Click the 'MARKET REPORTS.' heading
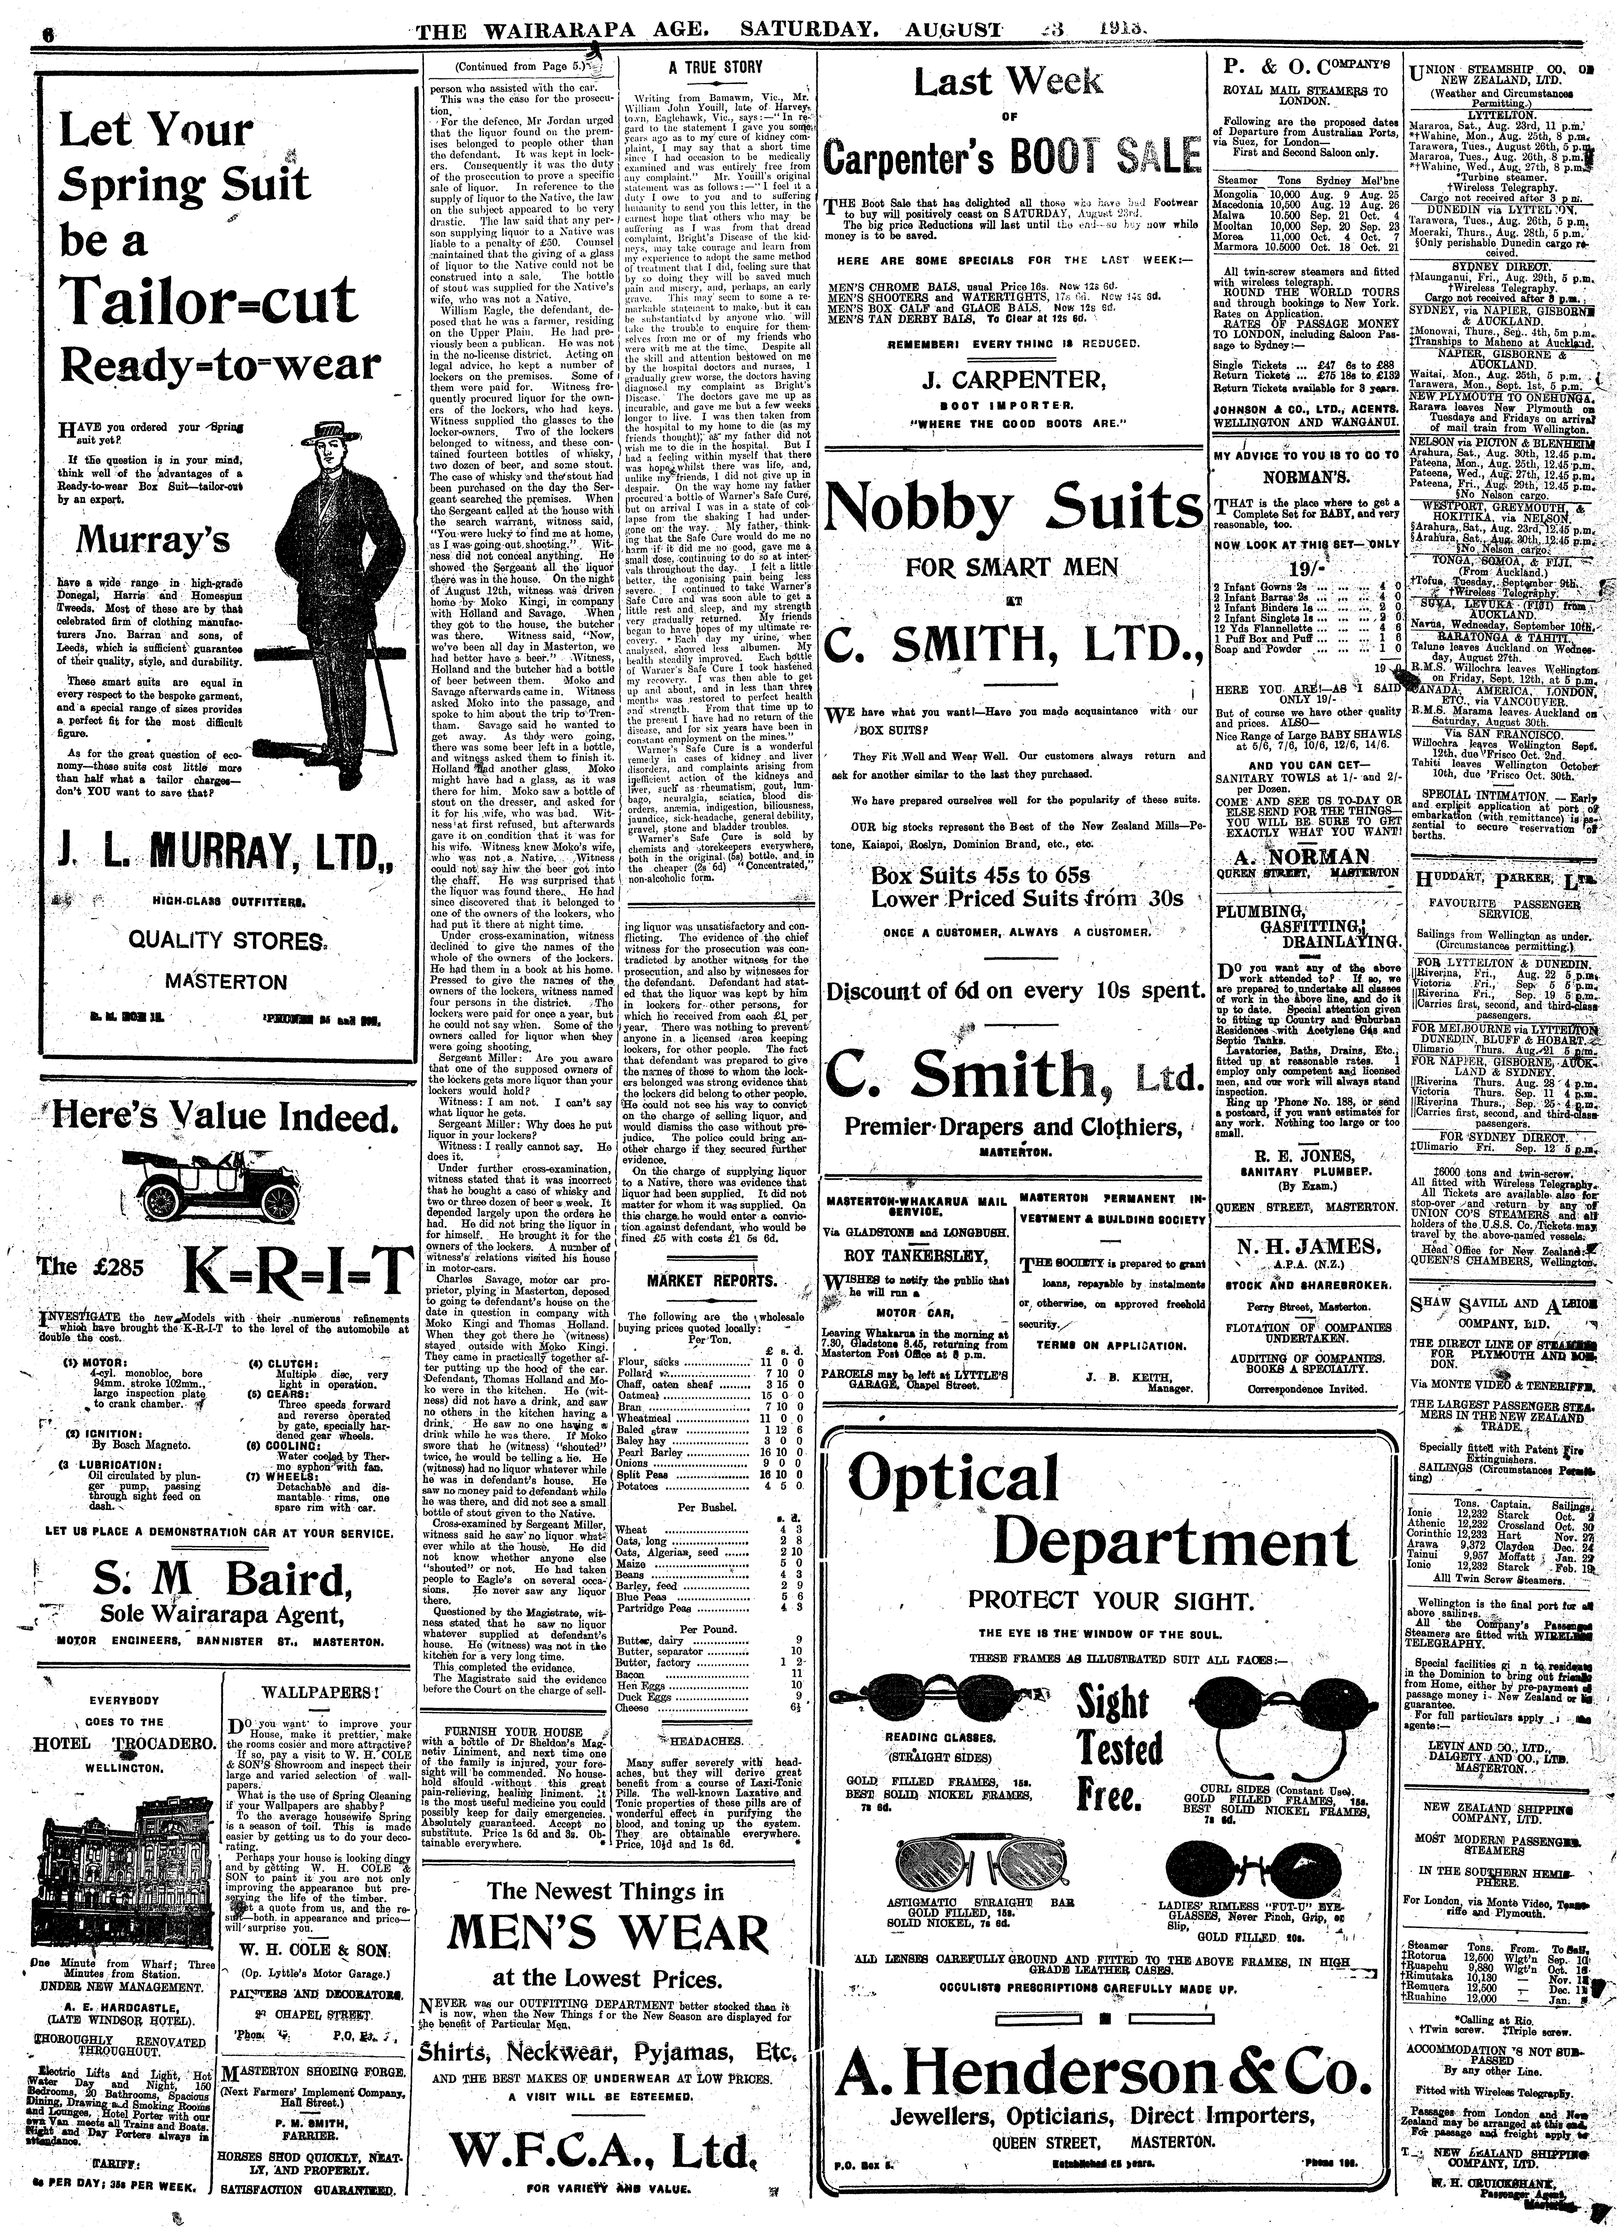[714, 1279]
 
